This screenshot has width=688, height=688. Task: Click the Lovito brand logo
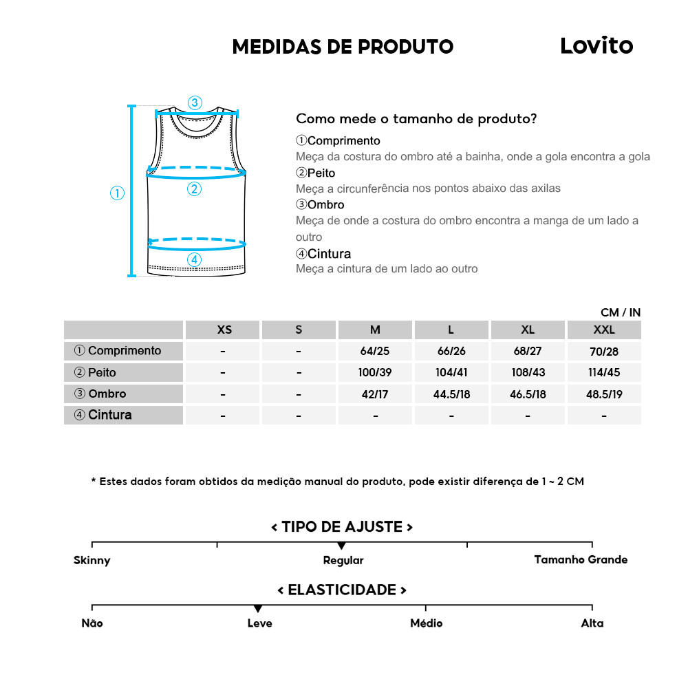[x=596, y=45]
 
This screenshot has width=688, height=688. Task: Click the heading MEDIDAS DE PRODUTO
[x=343, y=47]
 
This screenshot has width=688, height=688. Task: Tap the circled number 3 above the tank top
[x=195, y=103]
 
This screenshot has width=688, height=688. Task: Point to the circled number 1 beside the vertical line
[x=117, y=193]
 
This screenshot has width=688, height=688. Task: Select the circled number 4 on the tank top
[x=195, y=259]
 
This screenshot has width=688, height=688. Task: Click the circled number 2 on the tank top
[x=195, y=189]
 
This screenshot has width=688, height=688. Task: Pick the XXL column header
[x=603, y=330]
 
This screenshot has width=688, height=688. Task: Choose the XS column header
[x=224, y=330]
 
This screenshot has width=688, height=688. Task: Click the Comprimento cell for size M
[x=375, y=351]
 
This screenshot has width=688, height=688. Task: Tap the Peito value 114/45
[x=603, y=373]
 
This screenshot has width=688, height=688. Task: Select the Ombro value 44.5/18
[x=451, y=394]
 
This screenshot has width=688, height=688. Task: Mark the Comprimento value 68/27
[x=528, y=351]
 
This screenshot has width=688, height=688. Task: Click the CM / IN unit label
[x=620, y=312]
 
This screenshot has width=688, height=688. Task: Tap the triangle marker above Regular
[x=342, y=546]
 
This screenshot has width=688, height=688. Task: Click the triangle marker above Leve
[x=258, y=609]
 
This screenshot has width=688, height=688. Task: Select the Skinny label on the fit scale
[x=92, y=560]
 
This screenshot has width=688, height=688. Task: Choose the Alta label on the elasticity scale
[x=592, y=623]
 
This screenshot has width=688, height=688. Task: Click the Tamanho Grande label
[x=581, y=559]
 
